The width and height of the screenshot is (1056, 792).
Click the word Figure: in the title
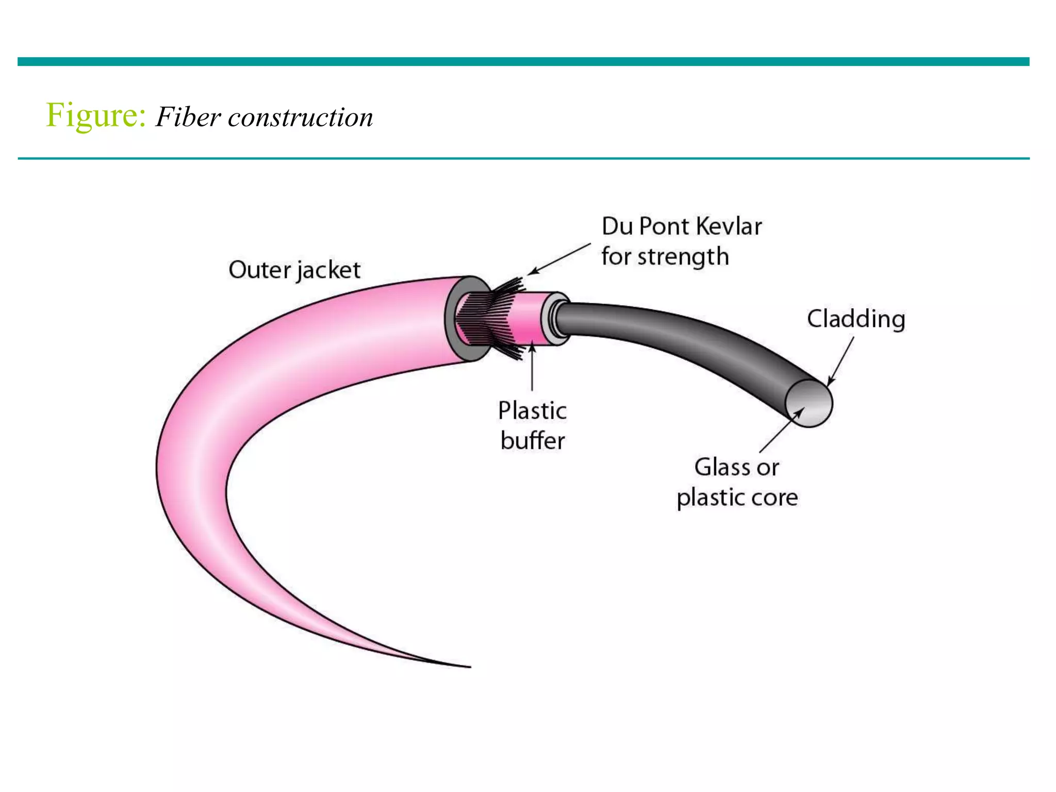[96, 115]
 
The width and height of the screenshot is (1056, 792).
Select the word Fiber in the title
[188, 118]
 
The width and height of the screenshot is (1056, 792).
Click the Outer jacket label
[294, 270]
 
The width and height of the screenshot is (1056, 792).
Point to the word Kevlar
[729, 226]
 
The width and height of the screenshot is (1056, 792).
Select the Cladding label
[856, 319]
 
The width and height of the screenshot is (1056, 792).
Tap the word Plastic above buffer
[532, 411]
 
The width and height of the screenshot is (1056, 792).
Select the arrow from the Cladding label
[840, 361]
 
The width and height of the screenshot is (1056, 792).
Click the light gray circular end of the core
[810, 404]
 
